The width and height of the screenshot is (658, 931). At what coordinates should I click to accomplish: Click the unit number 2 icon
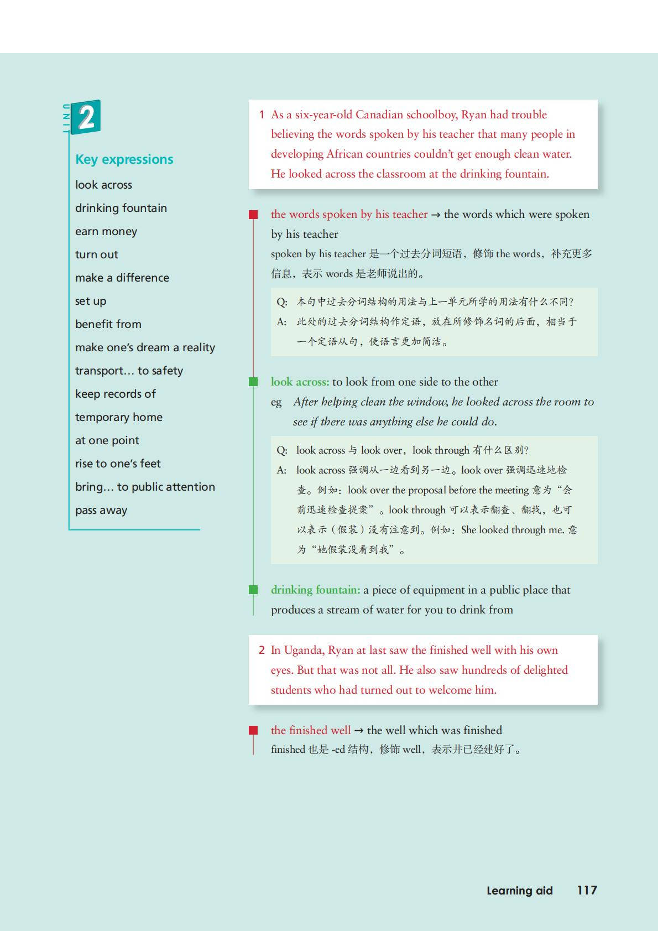(86, 117)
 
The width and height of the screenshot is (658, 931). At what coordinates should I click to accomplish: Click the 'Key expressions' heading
(124, 159)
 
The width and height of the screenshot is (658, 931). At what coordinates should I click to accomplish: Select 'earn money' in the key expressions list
(106, 232)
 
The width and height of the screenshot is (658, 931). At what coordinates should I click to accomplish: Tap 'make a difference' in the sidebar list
(122, 278)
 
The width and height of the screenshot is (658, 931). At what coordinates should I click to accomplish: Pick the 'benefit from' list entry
(108, 324)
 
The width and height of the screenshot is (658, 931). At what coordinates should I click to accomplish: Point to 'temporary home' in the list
(119, 417)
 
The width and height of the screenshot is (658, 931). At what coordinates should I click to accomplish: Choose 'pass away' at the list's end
(101, 510)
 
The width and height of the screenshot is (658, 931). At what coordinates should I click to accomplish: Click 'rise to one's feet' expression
(118, 464)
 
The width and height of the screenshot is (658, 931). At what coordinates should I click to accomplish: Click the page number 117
(587, 890)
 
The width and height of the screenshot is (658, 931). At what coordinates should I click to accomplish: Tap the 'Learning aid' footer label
(519, 891)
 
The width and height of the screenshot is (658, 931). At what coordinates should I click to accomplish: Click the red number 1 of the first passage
(262, 115)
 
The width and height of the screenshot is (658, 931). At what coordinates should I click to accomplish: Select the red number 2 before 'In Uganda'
(262, 650)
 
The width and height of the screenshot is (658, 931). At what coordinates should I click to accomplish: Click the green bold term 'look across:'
(300, 382)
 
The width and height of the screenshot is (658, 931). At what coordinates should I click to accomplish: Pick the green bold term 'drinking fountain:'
(315, 590)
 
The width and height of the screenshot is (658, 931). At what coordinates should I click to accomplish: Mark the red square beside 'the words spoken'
(253, 215)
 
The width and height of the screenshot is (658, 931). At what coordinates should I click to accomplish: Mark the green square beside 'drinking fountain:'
(253, 590)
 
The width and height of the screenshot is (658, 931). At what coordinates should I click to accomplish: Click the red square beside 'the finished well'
(253, 730)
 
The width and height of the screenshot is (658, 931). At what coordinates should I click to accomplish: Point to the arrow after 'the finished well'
(359, 730)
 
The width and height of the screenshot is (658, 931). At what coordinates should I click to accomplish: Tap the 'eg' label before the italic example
(276, 402)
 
